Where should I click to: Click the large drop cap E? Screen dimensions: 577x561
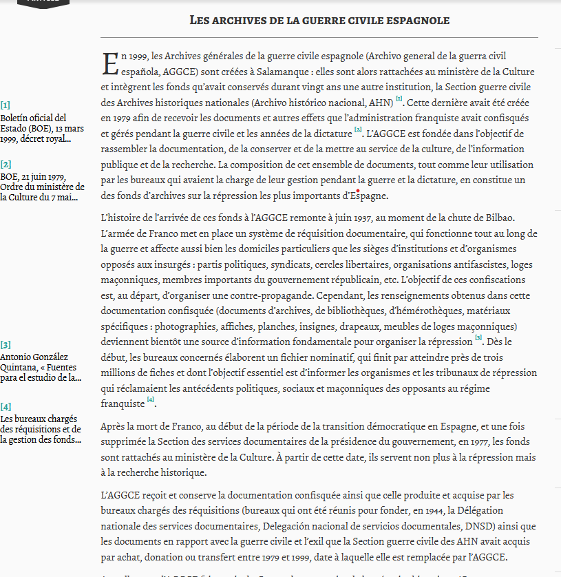[110, 63]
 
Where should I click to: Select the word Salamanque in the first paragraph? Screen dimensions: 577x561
[293, 72]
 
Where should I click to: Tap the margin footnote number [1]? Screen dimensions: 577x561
[6, 105]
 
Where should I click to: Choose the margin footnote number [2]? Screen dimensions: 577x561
[6, 164]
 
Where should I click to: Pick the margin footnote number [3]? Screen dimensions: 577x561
[6, 344]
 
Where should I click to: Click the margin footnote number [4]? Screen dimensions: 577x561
[6, 406]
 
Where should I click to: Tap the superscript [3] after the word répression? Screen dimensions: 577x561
[478, 338]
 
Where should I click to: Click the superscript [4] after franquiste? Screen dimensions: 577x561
[151, 401]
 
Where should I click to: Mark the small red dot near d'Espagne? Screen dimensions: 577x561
[358, 191]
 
